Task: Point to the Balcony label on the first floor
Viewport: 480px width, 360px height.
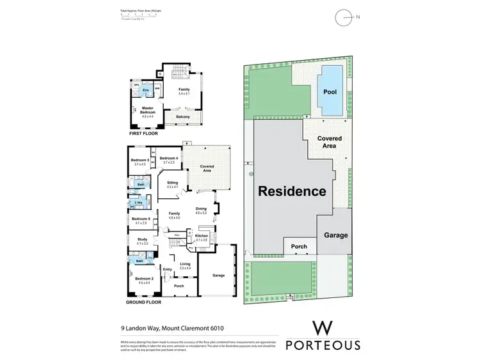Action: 182,117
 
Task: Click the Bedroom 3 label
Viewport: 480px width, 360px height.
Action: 140,160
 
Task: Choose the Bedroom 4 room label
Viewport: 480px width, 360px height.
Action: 168,159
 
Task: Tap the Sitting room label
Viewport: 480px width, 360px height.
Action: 172,183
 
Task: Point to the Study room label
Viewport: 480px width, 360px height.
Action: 141,240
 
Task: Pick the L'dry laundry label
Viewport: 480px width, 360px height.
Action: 138,203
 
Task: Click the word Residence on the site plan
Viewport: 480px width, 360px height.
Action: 292,191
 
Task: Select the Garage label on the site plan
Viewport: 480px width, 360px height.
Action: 335,235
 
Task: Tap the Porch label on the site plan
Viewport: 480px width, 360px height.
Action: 298,246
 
